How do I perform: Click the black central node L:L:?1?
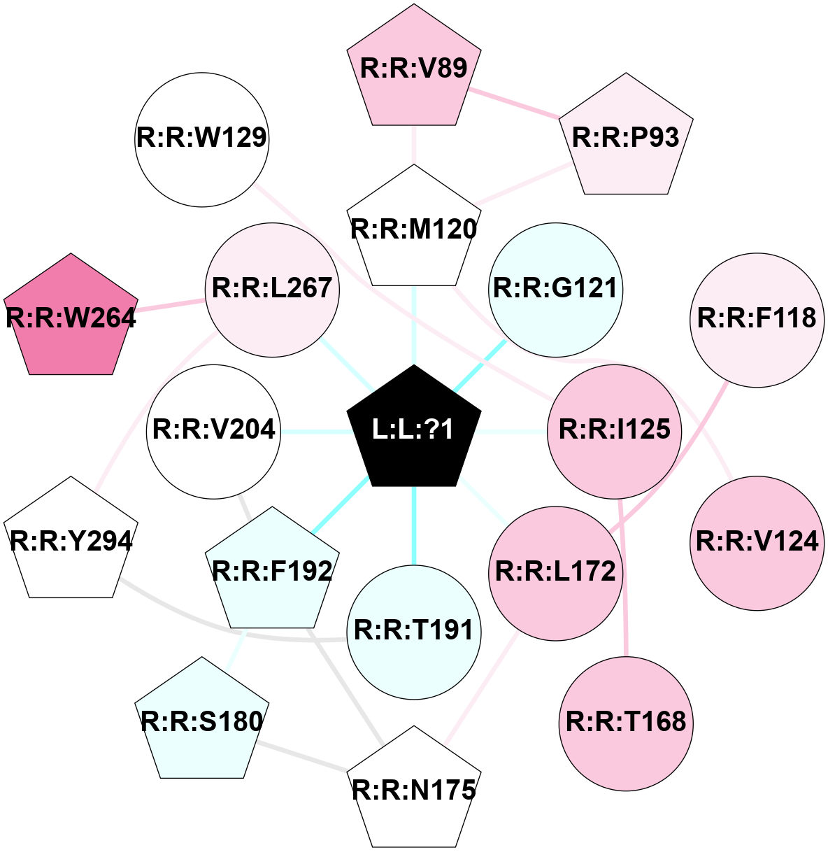point(414,429)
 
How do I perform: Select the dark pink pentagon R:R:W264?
point(71,318)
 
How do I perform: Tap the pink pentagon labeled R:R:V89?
point(414,69)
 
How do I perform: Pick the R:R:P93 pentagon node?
point(626,137)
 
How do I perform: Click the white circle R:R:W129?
point(201,139)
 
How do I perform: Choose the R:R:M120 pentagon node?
point(414,229)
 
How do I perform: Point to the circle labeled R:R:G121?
point(556,289)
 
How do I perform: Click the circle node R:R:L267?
point(272,289)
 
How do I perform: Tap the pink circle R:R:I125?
point(615,430)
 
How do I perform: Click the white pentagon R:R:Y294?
point(71,541)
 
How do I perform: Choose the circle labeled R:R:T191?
point(414,631)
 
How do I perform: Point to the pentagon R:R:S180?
point(201,721)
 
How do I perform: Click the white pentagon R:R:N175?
point(414,791)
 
